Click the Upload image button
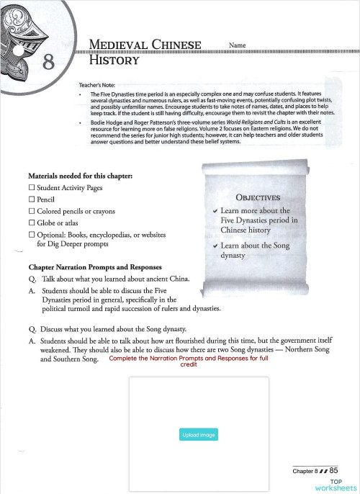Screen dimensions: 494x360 coord(198,435)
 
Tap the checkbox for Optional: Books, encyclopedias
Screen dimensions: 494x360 coord(32,235)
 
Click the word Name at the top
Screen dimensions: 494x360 coord(237,45)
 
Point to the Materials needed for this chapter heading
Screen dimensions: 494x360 coord(79,175)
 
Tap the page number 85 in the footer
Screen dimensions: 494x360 coord(333,470)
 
